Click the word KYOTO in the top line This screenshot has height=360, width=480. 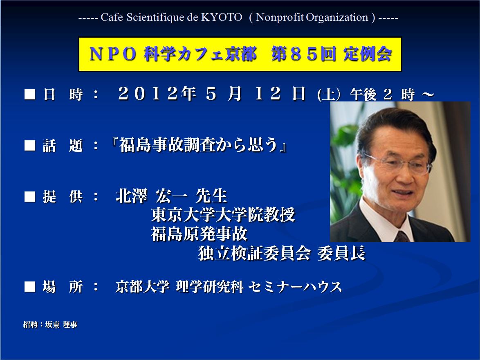tap(222, 17)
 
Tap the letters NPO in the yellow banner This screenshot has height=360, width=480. tap(113, 54)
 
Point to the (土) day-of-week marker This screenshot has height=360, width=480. tap(329, 94)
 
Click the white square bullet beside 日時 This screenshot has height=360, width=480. tap(30, 94)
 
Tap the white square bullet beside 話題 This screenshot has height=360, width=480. tap(30, 145)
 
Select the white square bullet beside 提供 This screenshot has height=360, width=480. tap(30, 196)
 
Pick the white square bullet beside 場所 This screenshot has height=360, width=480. tap(30, 287)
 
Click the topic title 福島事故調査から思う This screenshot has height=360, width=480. tap(199, 144)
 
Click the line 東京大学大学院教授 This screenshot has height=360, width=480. tap(223, 214)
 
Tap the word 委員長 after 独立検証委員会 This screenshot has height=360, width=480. tap(341, 253)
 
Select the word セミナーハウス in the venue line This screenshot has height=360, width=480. tap(295, 287)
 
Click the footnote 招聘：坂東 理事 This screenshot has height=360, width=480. tap(50, 324)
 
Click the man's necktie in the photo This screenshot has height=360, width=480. tap(401, 236)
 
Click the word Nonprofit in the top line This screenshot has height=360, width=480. tap(280, 17)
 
